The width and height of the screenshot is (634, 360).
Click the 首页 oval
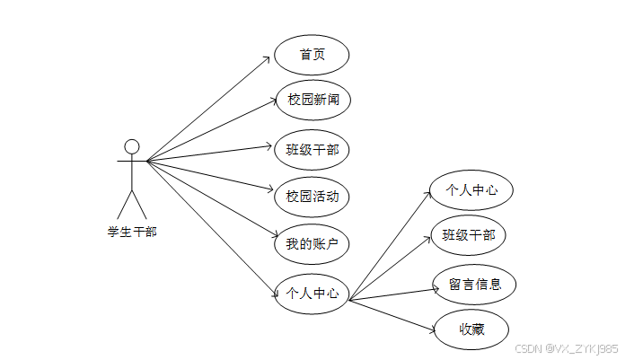pyautogui.click(x=312, y=55)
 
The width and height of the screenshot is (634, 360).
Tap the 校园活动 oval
pyautogui.click(x=312, y=196)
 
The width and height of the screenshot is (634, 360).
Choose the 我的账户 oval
pyautogui.click(x=312, y=243)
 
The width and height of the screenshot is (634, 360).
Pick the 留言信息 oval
pyautogui.click(x=473, y=285)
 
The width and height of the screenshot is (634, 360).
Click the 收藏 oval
pyautogui.click(x=471, y=330)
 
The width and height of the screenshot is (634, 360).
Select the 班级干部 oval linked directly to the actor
pyautogui.click(x=312, y=149)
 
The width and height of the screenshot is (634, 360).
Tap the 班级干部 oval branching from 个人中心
pyautogui.click(x=468, y=235)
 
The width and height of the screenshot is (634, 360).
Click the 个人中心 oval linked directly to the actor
pyautogui.click(x=312, y=293)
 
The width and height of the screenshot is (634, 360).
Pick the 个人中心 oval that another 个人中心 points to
pyautogui.click(x=471, y=190)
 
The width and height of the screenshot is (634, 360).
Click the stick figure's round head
pyautogui.click(x=132, y=147)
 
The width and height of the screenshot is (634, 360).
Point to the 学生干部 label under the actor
pyautogui.click(x=132, y=232)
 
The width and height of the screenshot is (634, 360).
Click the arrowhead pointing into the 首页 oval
pyautogui.click(x=267, y=58)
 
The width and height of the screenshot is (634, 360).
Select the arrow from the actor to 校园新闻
pyautogui.click(x=211, y=131)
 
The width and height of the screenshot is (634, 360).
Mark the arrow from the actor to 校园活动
pyautogui.click(x=211, y=176)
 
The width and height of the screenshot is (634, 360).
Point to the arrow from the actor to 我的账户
pyautogui.click(x=211, y=203)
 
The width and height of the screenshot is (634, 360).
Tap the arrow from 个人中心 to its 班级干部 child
pyautogui.click(x=392, y=268)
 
